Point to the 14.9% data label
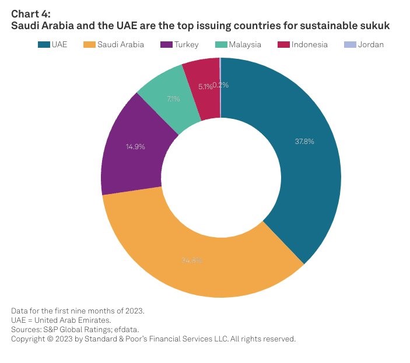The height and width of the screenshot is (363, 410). (x=135, y=146)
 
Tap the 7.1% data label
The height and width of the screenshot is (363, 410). (x=173, y=99)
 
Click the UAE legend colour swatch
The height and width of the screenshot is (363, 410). (x=43, y=44)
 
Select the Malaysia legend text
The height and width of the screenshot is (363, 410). (x=244, y=44)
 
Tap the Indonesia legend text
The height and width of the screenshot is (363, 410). (x=310, y=44)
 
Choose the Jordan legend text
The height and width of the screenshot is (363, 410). (x=372, y=44)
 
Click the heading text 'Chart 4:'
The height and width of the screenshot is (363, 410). (x=31, y=15)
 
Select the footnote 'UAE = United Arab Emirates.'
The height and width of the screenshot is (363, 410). (x=60, y=320)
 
